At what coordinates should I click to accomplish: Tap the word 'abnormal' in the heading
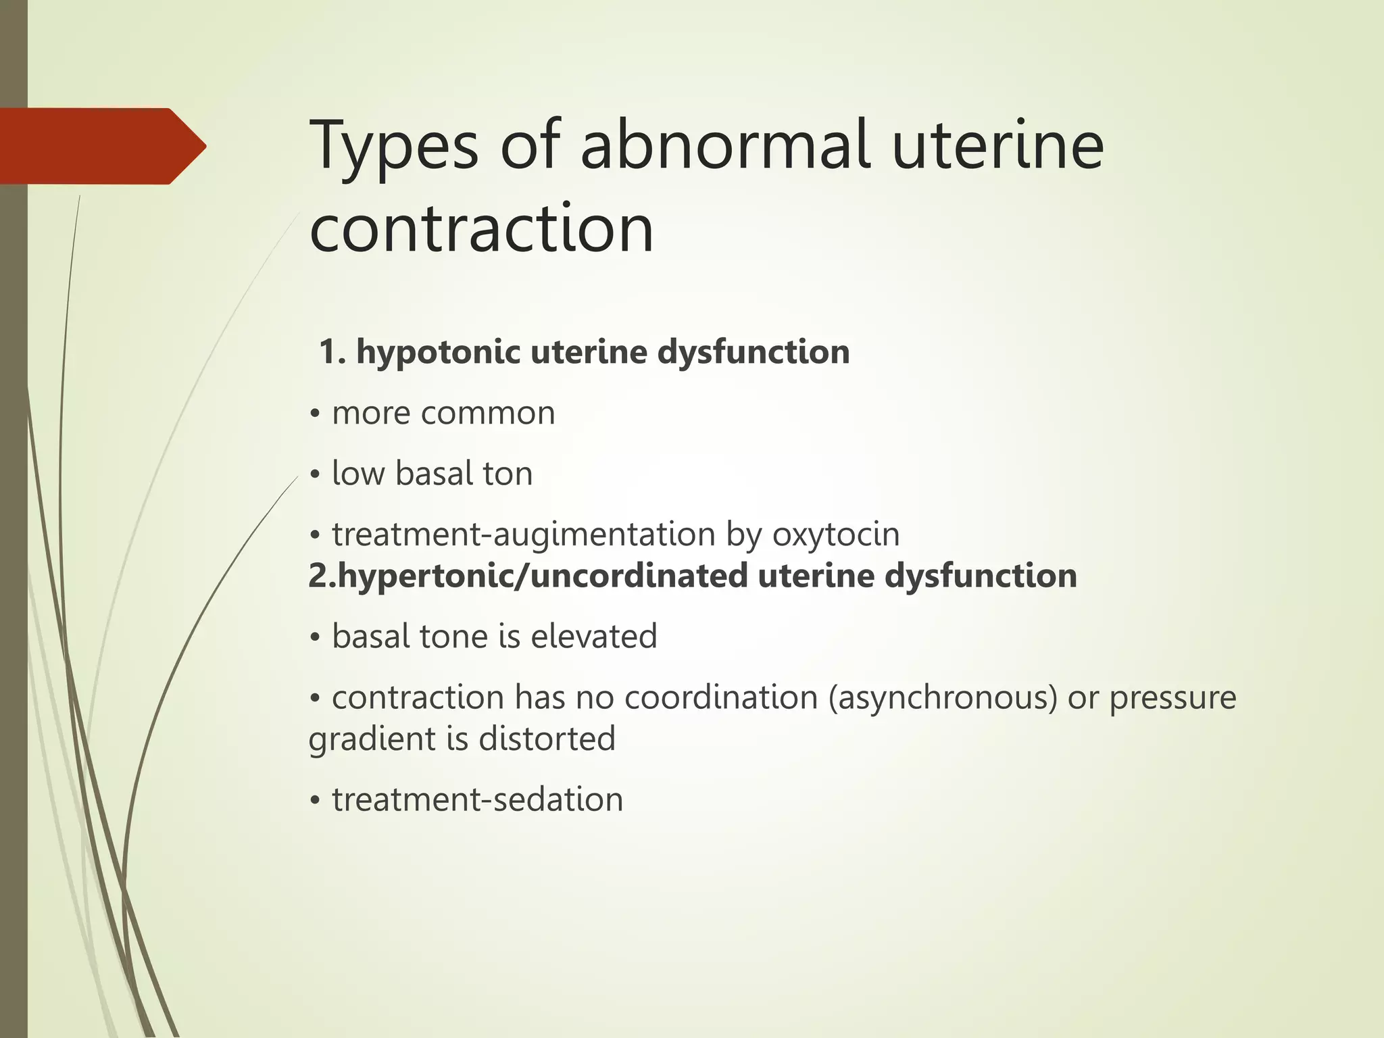point(724,145)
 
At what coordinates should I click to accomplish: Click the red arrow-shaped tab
point(101,146)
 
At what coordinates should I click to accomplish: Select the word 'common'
point(487,413)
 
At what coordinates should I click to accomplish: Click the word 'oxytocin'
point(836,535)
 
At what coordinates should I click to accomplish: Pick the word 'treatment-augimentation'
point(523,535)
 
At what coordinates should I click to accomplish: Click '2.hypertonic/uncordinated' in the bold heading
point(527,576)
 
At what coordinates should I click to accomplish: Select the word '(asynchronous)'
point(943,697)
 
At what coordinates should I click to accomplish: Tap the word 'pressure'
point(1172,697)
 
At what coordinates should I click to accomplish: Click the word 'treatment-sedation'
point(477,799)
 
